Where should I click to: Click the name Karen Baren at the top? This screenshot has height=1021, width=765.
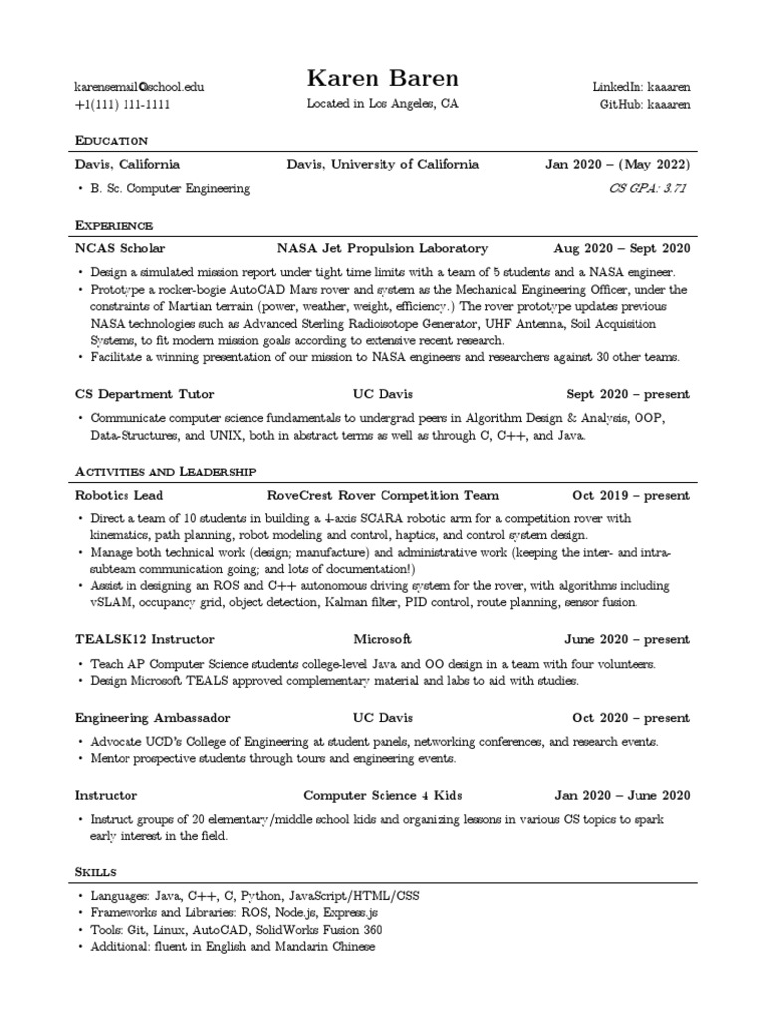click(x=382, y=79)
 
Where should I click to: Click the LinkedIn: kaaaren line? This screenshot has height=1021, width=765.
click(x=640, y=87)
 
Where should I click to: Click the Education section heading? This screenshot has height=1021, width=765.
click(x=112, y=140)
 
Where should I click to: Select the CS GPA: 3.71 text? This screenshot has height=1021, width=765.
click(x=648, y=188)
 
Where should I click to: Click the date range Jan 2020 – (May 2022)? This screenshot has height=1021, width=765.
click(x=617, y=165)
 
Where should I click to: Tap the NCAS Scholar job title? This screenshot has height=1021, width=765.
click(x=120, y=248)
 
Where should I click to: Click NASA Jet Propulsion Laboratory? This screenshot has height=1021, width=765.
click(x=382, y=248)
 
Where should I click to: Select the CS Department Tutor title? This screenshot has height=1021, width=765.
click(x=144, y=394)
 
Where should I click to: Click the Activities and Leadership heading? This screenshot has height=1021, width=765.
click(x=164, y=470)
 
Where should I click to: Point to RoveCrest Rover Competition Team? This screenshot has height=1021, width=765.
click(x=383, y=495)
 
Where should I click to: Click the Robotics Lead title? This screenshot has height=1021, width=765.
click(x=120, y=495)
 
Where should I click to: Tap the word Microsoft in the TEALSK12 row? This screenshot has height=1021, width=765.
click(x=382, y=639)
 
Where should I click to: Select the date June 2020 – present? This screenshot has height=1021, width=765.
click(x=627, y=639)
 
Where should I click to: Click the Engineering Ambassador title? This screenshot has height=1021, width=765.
click(x=152, y=717)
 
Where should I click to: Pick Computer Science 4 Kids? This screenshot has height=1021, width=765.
click(x=382, y=795)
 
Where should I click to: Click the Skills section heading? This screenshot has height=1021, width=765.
click(x=96, y=872)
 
